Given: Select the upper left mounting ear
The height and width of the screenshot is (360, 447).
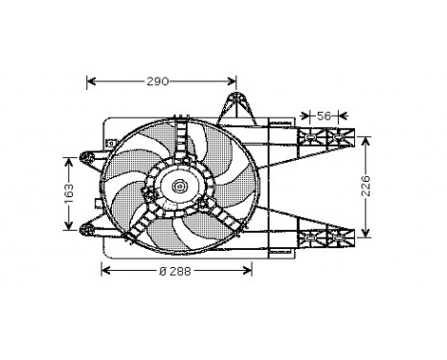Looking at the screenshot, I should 88,154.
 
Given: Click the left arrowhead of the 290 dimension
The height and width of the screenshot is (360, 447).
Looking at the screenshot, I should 91,81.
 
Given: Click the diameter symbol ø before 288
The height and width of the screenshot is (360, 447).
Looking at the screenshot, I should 162,271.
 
